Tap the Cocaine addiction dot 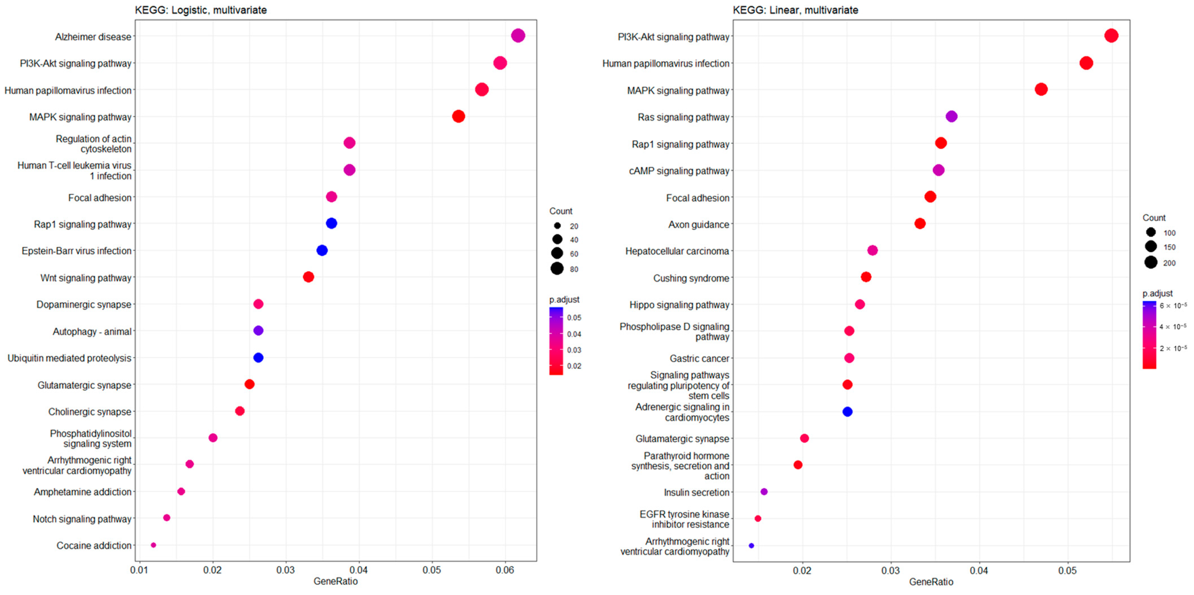[153, 545]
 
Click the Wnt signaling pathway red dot [308, 277]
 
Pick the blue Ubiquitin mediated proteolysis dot [258, 358]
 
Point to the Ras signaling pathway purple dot [951, 116]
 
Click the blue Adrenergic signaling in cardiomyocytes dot [847, 412]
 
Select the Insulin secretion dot [764, 492]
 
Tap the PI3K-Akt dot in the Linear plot [1111, 36]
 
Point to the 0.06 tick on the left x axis [505, 570]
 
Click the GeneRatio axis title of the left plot [335, 581]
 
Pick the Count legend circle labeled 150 [1151, 246]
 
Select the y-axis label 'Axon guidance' [698, 225]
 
